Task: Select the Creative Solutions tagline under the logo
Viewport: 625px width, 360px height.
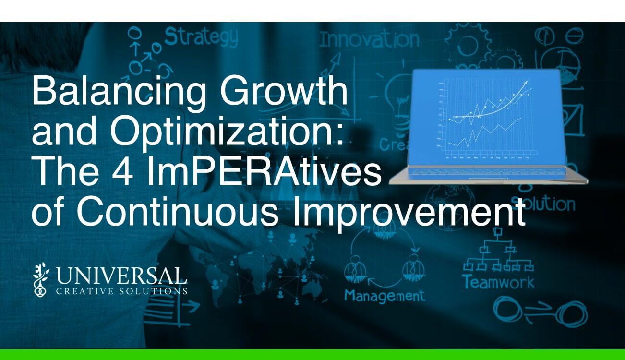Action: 121,291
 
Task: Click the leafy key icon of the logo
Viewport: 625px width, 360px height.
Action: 41,279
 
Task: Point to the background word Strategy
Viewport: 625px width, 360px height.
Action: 201,36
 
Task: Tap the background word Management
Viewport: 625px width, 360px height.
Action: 384,295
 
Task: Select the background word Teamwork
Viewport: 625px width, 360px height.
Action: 498,282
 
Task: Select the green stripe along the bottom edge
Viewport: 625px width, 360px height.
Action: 312,355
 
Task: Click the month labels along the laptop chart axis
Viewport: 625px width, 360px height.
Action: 488,157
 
